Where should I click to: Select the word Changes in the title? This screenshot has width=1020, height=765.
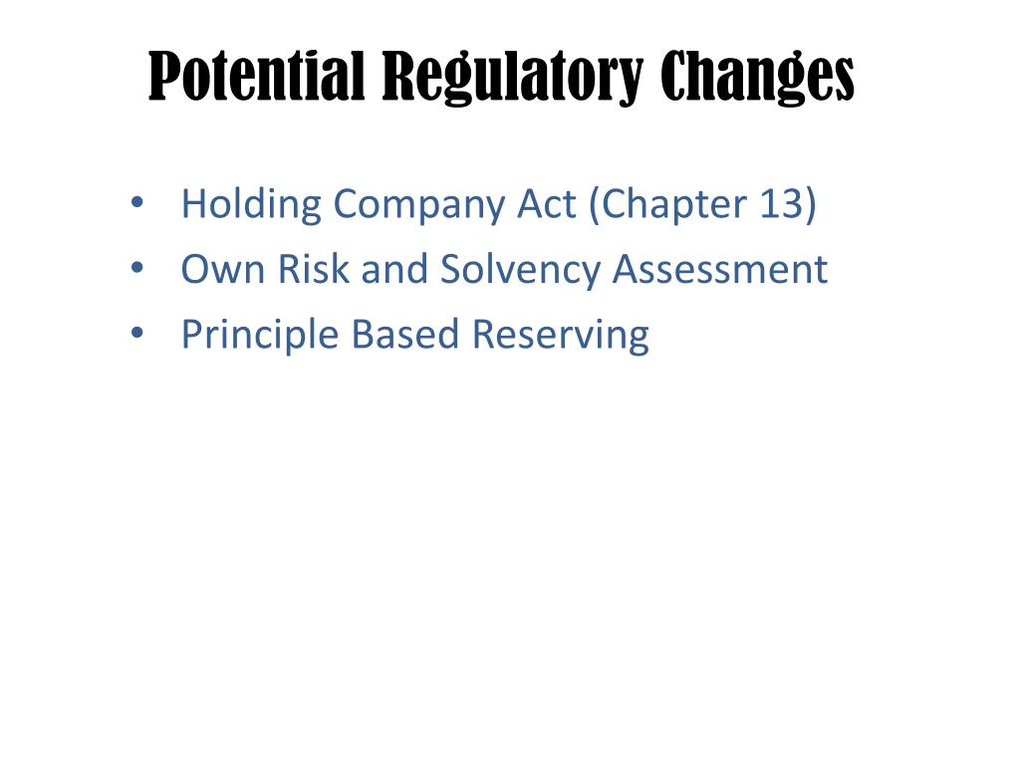(758, 78)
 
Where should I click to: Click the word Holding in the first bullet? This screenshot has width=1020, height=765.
(252, 205)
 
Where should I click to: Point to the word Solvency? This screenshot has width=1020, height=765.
(521, 271)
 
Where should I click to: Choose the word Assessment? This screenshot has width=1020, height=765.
(719, 269)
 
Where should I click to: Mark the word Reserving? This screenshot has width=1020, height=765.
(561, 336)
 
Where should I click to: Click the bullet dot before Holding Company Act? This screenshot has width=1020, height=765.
(136, 205)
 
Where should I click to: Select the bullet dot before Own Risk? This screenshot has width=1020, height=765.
(136, 270)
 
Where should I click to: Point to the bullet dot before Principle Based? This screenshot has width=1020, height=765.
(136, 335)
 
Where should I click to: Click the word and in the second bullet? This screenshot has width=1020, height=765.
(395, 269)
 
